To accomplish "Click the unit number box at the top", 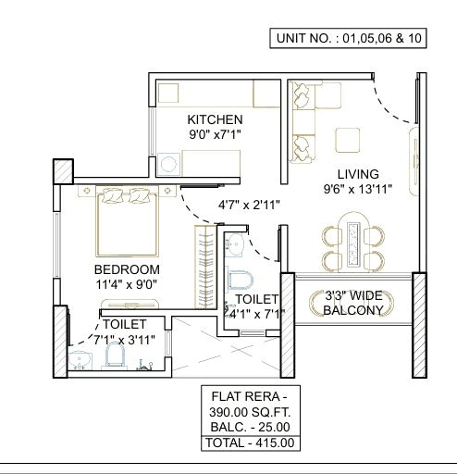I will pyautogui.click(x=347, y=38).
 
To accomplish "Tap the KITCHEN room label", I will pyautogui.click(x=215, y=120).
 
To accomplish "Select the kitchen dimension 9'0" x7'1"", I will pyautogui.click(x=215, y=136).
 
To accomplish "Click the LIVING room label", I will pyautogui.click(x=357, y=173).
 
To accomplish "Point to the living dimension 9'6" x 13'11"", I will pyautogui.click(x=357, y=190).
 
